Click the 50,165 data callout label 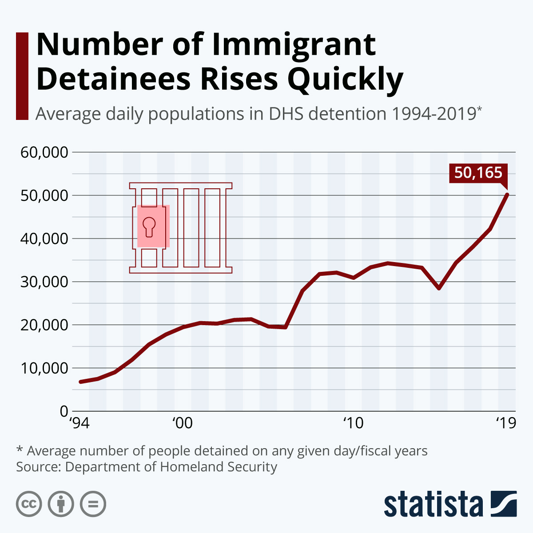[x=478, y=173]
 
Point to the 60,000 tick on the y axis [x=44, y=152]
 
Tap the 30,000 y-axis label [x=44, y=282]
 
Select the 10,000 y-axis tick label [x=44, y=368]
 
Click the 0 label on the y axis [x=64, y=411]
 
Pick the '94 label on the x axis [x=80, y=423]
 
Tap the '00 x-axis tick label [x=182, y=423]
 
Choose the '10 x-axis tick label [x=353, y=423]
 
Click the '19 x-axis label [x=506, y=423]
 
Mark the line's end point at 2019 [x=507, y=195]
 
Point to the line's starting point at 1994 [x=80, y=382]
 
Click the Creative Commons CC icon [x=29, y=504]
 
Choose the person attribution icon [x=61, y=504]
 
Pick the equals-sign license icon [x=93, y=504]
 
